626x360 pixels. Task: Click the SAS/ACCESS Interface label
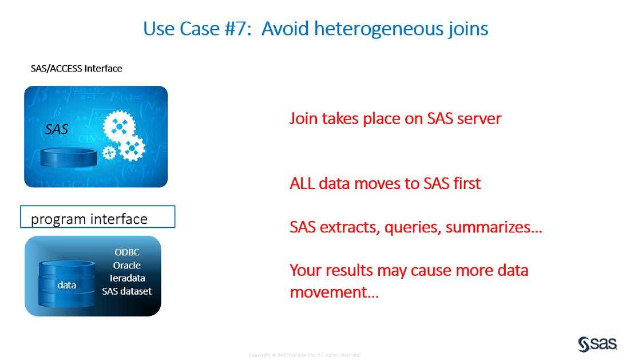tap(76, 69)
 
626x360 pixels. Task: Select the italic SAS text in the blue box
tap(57, 130)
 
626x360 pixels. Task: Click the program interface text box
tap(97, 218)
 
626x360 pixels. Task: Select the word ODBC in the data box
tap(126, 252)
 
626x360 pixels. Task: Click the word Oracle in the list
tap(126, 266)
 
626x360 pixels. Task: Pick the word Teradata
tap(126, 278)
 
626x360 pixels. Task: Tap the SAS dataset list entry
tap(126, 291)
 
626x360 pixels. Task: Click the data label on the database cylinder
tap(67, 285)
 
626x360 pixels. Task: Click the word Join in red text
tap(303, 118)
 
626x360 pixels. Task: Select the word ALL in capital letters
tap(302, 184)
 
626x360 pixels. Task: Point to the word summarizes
tap(493, 227)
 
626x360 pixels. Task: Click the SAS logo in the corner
tap(597, 343)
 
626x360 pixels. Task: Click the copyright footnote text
tap(304, 355)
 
